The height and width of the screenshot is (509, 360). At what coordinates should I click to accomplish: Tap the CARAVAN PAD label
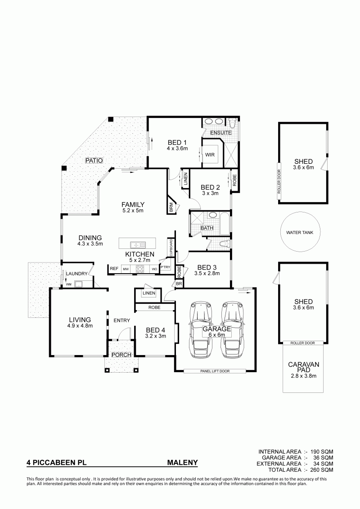point(303,367)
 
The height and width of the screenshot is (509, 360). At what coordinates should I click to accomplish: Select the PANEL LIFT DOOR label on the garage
point(216,371)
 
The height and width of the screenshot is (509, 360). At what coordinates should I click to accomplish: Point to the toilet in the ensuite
point(232,124)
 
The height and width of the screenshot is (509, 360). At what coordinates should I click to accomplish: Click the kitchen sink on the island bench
point(138,244)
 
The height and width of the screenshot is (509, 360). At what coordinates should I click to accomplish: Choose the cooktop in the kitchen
point(140,269)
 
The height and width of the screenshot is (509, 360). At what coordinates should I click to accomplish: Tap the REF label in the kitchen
point(114,269)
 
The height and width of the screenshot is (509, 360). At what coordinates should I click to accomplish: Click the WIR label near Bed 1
point(210,155)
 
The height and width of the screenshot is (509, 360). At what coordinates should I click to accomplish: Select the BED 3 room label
point(207,267)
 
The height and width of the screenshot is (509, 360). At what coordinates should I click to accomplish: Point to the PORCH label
point(121,355)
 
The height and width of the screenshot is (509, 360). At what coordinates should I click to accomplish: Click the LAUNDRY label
point(76,274)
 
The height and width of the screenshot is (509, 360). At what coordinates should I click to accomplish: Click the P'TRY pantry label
point(165,267)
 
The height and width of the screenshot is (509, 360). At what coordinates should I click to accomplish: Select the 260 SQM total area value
point(322,470)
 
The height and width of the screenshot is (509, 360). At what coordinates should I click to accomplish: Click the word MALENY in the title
point(182,463)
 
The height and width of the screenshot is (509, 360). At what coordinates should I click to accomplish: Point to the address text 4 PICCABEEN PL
point(57,463)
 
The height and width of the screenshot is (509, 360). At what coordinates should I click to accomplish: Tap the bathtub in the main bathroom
point(225,223)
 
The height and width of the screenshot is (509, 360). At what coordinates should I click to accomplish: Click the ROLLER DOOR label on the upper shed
point(279,182)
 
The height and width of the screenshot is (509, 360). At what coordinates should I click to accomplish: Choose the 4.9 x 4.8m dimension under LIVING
point(80,325)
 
